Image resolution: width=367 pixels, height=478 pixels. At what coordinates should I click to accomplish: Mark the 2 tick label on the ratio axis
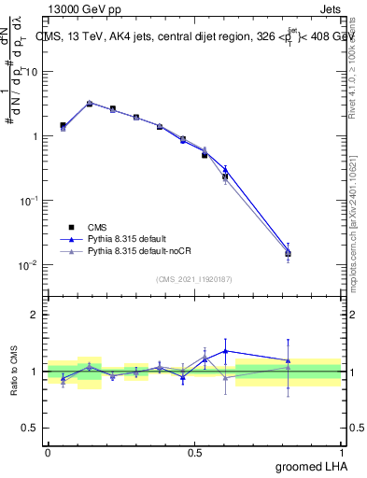pyautogui.click(x=35, y=315)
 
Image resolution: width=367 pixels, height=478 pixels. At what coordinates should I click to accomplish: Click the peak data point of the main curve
pyautogui.click(x=90, y=104)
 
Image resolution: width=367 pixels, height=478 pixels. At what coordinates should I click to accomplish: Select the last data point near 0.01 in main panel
pyautogui.click(x=289, y=253)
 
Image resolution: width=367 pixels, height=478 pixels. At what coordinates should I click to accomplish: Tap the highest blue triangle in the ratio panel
pyautogui.click(x=225, y=351)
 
